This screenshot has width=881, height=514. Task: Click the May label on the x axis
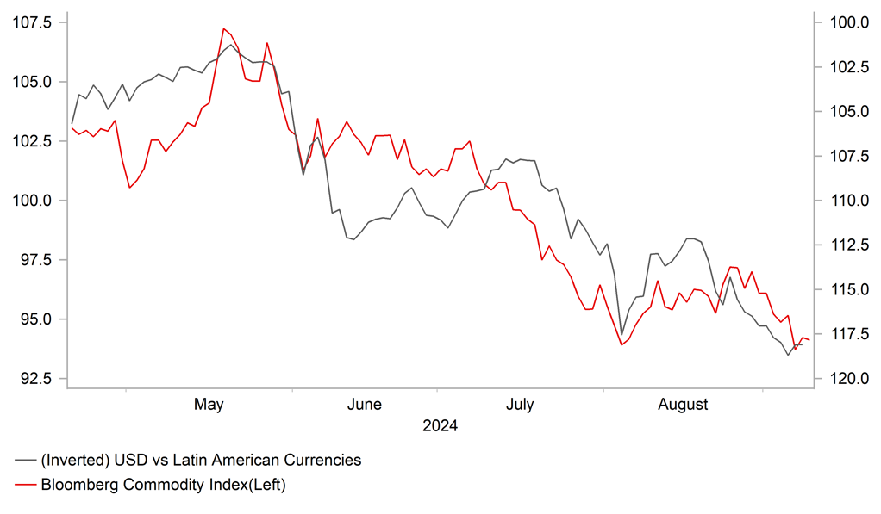click(209, 404)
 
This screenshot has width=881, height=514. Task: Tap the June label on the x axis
click(364, 404)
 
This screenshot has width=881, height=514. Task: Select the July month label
click(519, 404)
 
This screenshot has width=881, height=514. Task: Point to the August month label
click(683, 404)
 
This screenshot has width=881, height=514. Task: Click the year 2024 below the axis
click(440, 426)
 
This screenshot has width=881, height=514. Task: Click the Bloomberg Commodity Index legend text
click(163, 485)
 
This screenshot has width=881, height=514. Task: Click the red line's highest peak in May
click(223, 28)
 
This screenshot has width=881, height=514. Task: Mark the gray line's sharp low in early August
click(622, 335)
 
